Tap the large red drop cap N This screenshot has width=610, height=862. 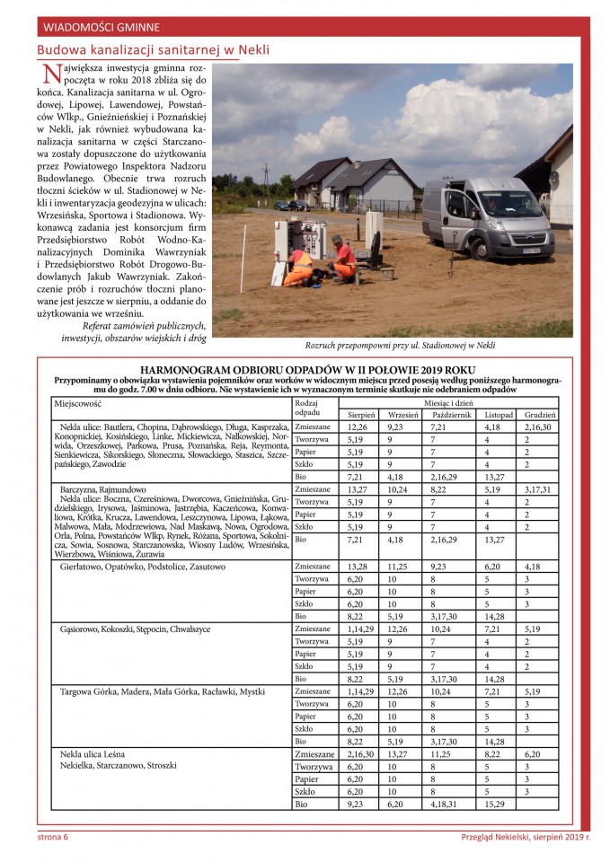(50, 78)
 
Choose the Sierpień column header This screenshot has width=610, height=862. (361, 415)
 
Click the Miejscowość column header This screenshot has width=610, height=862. (78, 404)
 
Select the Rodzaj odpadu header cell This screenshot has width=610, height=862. (308, 408)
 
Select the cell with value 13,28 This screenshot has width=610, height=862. (361, 566)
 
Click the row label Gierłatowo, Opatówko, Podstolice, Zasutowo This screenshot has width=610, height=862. (142, 567)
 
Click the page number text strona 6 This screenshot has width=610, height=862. (53, 837)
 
